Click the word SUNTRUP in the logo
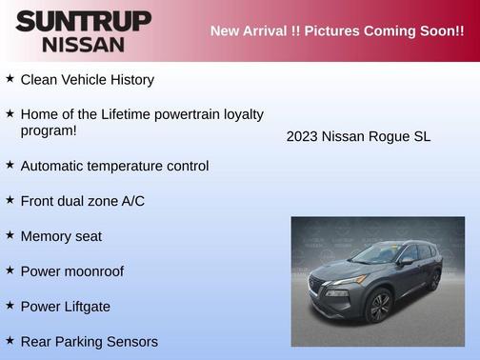click(84, 20)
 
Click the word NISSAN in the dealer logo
click(84, 44)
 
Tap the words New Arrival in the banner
click(246, 31)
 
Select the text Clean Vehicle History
click(87, 80)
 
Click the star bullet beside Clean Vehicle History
click(10, 79)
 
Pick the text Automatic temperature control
click(114, 166)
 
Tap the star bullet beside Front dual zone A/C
click(10, 200)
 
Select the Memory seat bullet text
click(61, 236)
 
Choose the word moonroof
click(90, 271)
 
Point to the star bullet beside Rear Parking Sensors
click(10, 340)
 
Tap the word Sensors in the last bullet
click(131, 341)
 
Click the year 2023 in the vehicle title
click(302, 137)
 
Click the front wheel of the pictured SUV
click(379, 307)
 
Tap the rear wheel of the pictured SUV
click(434, 280)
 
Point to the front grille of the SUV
click(322, 286)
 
